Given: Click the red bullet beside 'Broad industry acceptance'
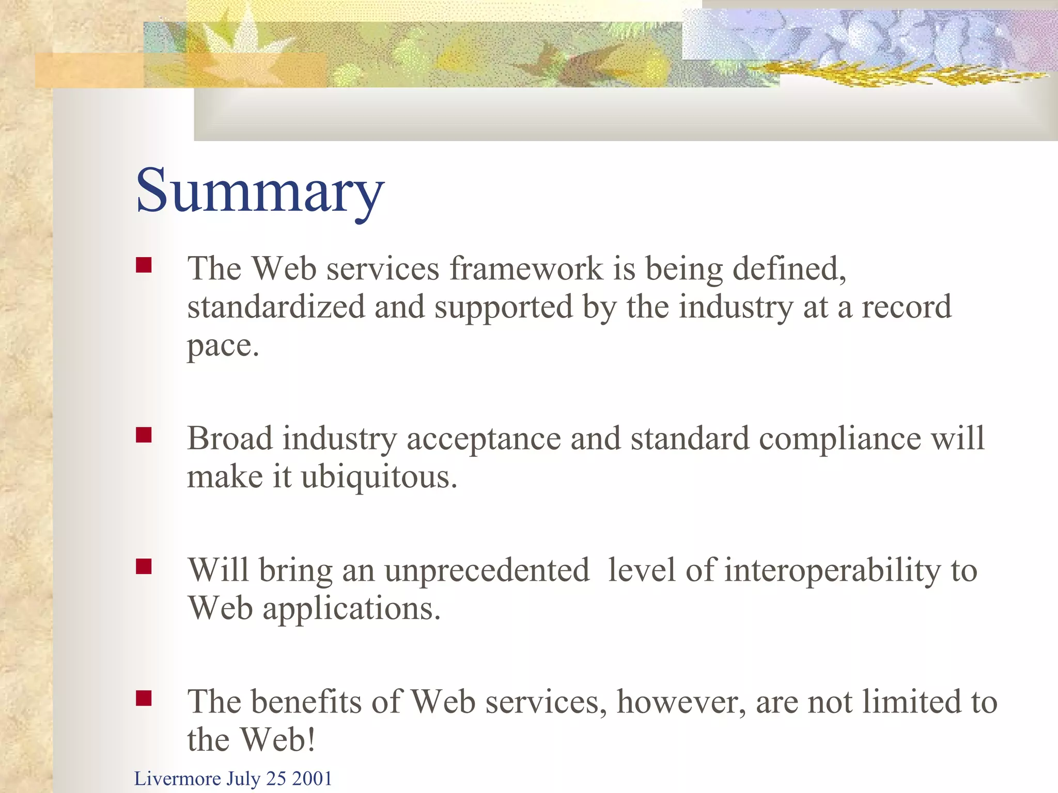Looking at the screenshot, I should click(144, 435).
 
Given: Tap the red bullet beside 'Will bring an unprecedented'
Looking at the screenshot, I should click(144, 567).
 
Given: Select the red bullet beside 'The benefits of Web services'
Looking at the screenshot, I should click(144, 699).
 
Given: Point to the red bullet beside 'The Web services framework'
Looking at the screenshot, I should click(144, 265).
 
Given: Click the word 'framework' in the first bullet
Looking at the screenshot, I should click(526, 269).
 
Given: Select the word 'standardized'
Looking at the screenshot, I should click(276, 307).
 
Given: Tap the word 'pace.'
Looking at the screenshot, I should click(223, 346).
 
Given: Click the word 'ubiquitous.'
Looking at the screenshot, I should click(379, 477).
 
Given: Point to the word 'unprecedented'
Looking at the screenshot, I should click(487, 570).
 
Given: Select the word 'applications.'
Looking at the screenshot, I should click(351, 609).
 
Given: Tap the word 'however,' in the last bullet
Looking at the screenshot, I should click(681, 702).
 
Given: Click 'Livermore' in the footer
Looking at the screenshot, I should click(177, 779).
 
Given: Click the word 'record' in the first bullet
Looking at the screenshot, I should click(906, 307).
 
